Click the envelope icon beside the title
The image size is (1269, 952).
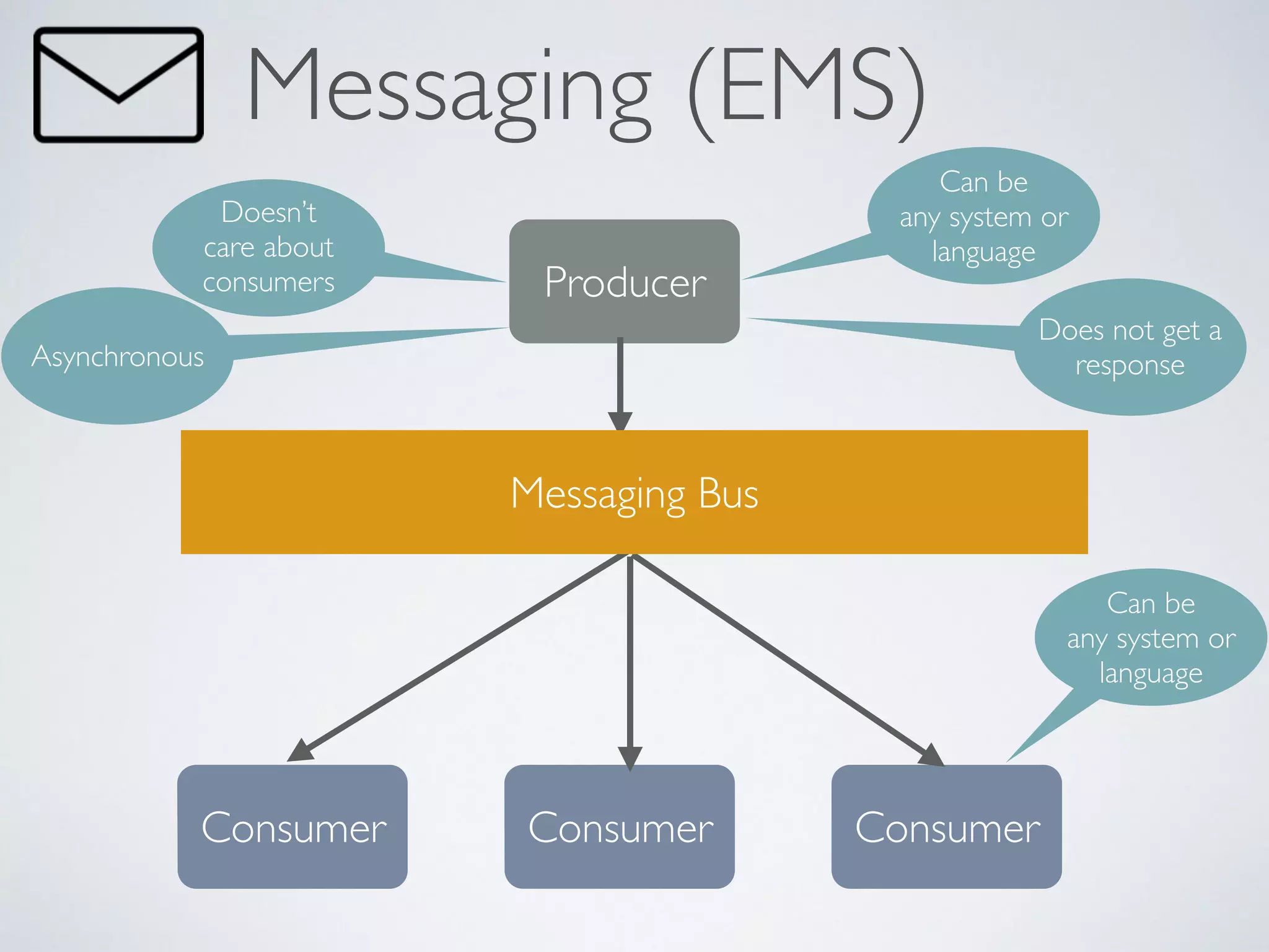[x=118, y=85]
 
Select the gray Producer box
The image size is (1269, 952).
[x=625, y=281]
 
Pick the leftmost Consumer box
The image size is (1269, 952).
[x=292, y=827]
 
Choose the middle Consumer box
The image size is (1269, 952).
[x=620, y=827]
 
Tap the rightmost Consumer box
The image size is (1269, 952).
[x=947, y=827]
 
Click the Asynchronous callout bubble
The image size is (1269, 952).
[x=117, y=356]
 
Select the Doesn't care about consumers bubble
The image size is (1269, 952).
[x=268, y=247]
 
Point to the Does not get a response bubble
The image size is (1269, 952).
[x=1130, y=347]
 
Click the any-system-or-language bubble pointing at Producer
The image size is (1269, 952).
[x=983, y=216]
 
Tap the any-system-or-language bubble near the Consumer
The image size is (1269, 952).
[x=1151, y=637]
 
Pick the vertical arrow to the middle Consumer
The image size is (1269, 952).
[x=630, y=657]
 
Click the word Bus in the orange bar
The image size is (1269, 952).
[x=728, y=494]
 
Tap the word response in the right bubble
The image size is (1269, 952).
[x=1130, y=365]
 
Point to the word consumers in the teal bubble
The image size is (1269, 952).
[x=268, y=283]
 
